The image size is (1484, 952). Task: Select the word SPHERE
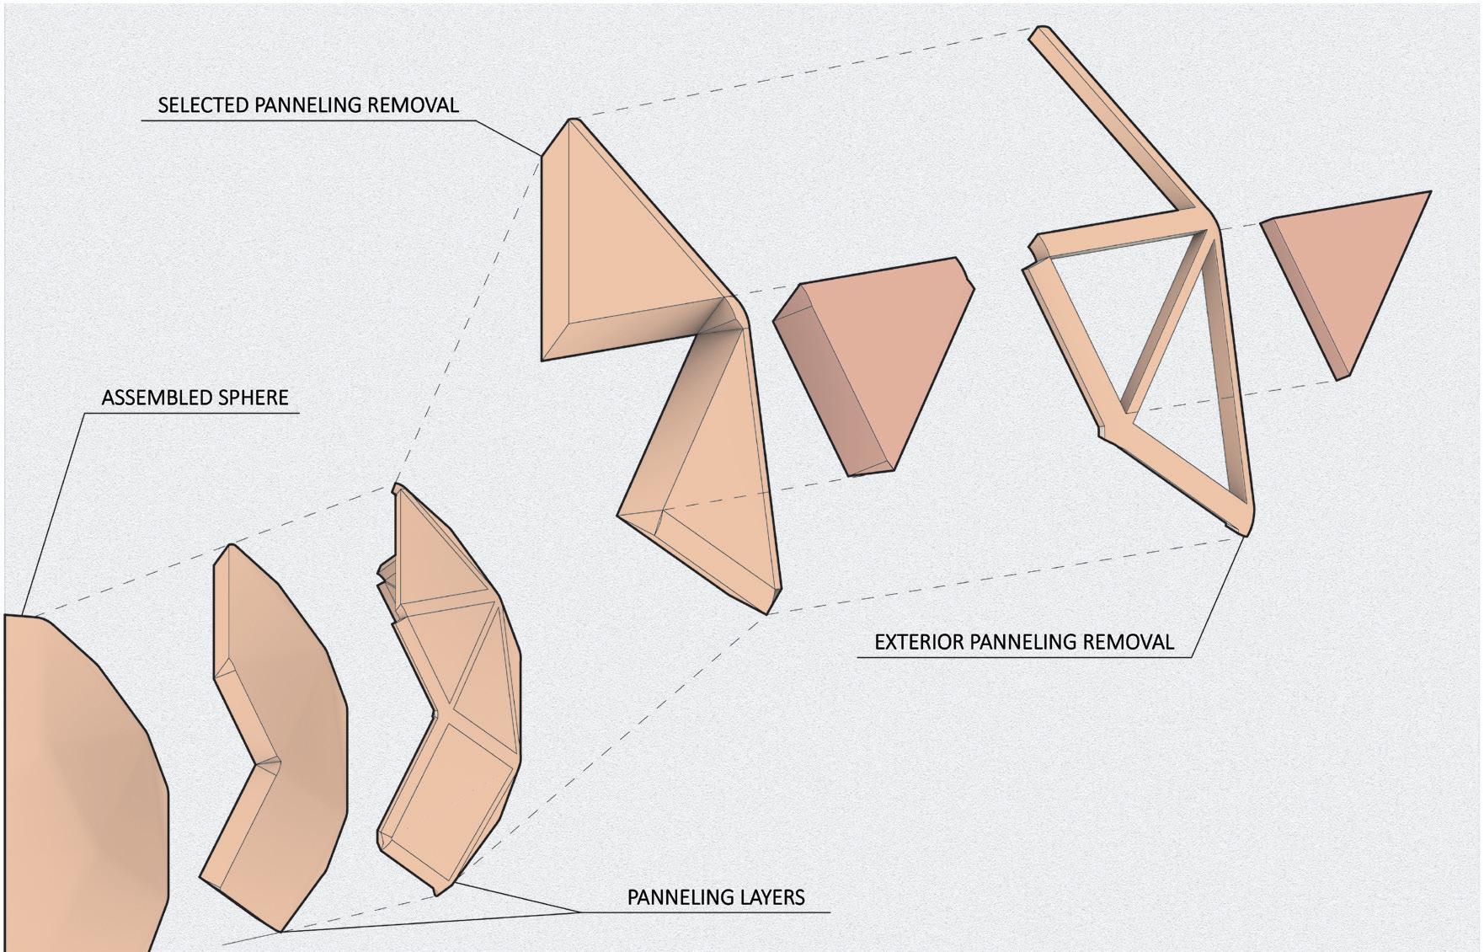[x=255, y=398]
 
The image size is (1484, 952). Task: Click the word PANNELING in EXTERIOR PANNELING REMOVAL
[x=1023, y=642]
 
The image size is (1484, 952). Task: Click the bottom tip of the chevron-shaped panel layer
[x=280, y=930]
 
